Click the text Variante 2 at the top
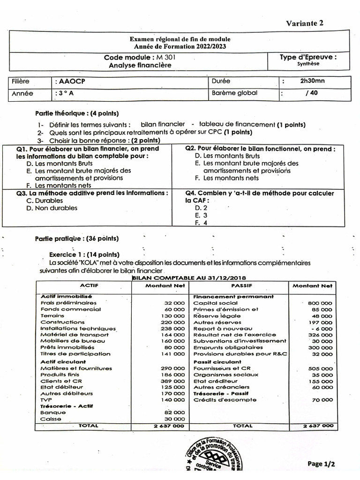point(305,23)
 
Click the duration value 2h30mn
point(312,81)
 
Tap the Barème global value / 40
point(311,93)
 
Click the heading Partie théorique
point(77,113)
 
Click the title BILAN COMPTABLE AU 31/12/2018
point(189,277)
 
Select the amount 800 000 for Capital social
point(320,303)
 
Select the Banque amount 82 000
point(175,412)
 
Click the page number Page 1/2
point(322,464)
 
